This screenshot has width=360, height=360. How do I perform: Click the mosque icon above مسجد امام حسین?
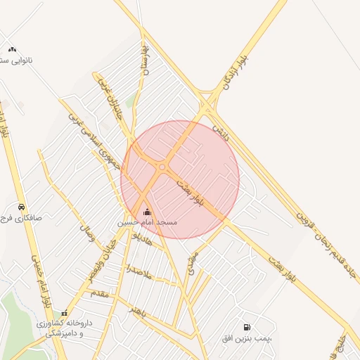pos(147,212)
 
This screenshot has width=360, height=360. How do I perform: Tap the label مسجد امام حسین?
pos(147,222)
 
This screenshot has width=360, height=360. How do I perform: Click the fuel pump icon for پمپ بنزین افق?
pos(246,327)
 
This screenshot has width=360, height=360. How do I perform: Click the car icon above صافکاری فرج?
pos(22,207)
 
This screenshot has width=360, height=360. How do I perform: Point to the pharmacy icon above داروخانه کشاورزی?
pos(64,314)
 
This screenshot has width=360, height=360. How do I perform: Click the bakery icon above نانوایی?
pos(12,50)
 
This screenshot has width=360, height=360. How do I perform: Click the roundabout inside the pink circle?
pos(162,167)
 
